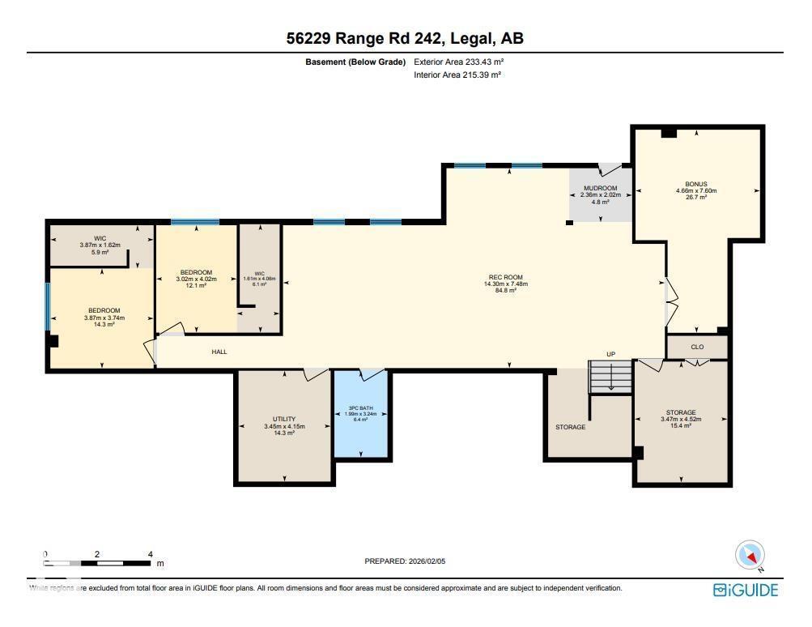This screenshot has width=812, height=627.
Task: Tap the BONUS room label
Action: [695, 184]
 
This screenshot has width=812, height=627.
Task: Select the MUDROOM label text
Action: [600, 188]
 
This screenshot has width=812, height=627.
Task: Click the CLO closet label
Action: [697, 347]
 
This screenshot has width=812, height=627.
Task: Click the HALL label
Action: [219, 352]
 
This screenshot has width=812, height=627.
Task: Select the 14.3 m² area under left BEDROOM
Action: [104, 324]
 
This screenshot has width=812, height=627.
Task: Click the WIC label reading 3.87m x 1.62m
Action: [100, 245]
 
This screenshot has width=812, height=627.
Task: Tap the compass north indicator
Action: [750, 556]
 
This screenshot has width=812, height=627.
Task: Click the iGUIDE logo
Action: [745, 591]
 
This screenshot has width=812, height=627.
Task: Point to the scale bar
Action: [97, 561]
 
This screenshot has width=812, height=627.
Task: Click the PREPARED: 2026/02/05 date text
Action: [406, 561]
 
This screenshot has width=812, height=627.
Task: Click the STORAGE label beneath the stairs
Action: [570, 427]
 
